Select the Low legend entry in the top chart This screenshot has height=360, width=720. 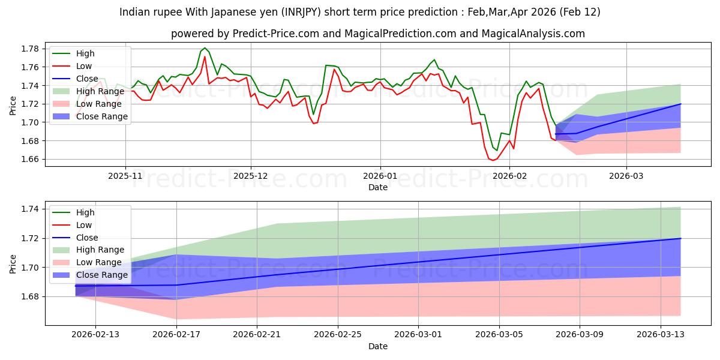pos(85,65)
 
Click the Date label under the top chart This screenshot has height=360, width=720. pos(378,188)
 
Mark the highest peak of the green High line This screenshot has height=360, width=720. pos(205,47)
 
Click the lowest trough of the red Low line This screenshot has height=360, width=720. pos(493,160)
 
